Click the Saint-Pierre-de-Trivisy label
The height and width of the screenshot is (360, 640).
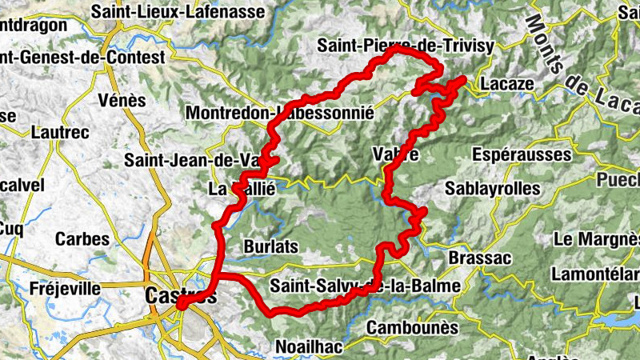[406, 46]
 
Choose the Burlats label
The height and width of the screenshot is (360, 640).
[271, 245]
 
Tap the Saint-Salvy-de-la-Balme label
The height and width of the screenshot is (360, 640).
[366, 286]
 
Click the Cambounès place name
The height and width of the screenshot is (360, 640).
[413, 328]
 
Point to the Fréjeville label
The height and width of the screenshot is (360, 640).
[66, 288]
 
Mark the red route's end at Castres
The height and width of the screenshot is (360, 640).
[181, 304]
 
